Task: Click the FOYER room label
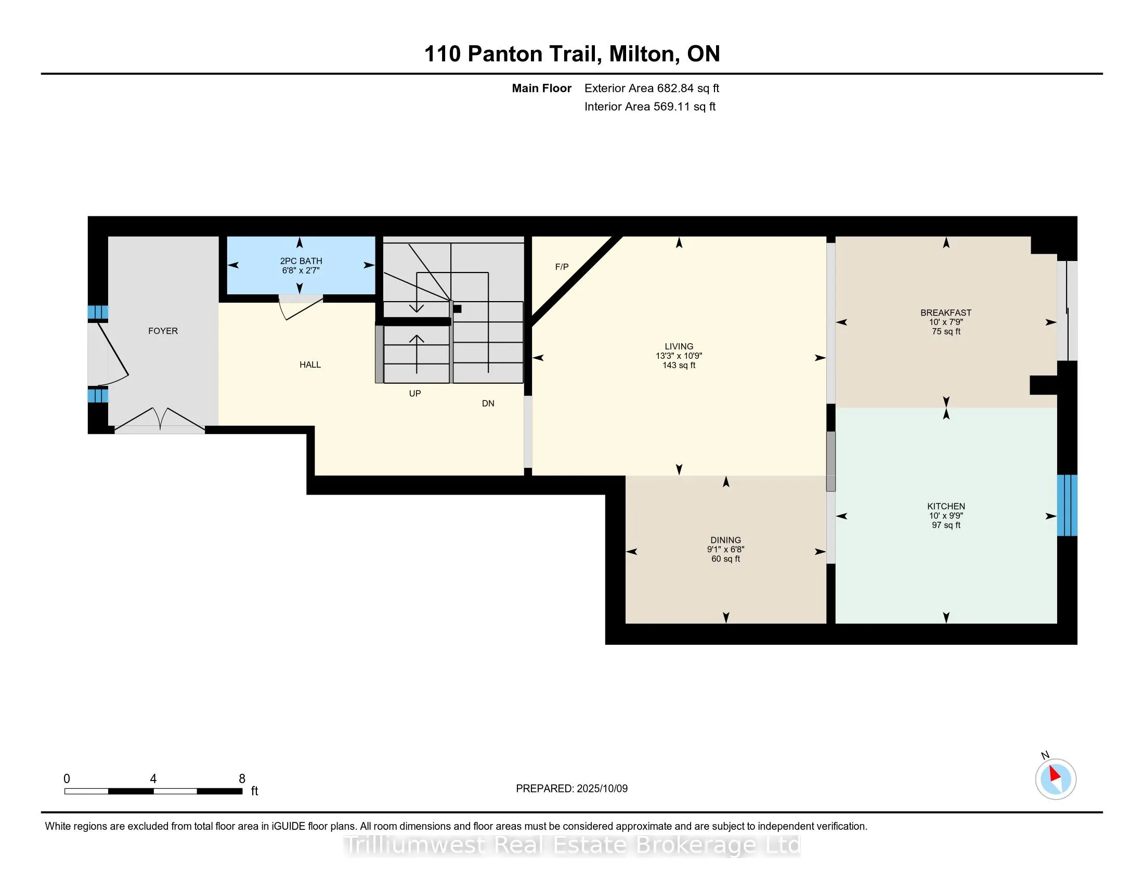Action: click(163, 331)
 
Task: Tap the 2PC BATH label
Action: click(301, 261)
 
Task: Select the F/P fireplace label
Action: click(562, 267)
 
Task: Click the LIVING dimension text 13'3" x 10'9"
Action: click(678, 356)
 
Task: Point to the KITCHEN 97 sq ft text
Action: click(945, 525)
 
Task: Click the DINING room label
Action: click(725, 540)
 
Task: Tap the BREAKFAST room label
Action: click(945, 313)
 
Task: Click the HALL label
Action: click(310, 365)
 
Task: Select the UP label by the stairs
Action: click(415, 393)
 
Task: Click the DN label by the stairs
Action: click(488, 403)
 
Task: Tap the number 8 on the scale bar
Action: click(242, 779)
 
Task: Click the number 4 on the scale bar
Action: click(153, 779)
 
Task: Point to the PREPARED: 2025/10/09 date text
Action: click(571, 789)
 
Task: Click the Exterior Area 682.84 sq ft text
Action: click(652, 88)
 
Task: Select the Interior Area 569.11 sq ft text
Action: click(649, 107)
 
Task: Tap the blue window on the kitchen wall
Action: click(1067, 505)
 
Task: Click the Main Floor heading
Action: click(541, 88)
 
